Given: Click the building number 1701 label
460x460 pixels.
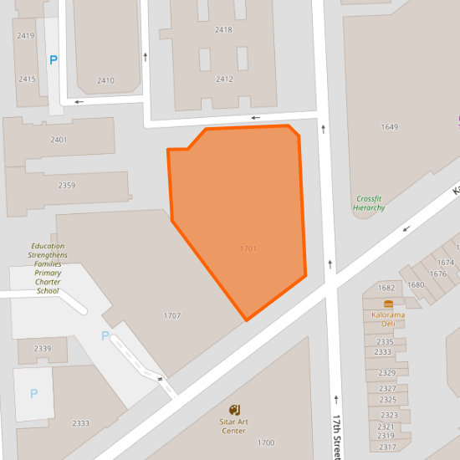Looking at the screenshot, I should click(x=248, y=248).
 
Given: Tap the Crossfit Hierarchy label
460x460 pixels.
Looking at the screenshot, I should click(x=369, y=202).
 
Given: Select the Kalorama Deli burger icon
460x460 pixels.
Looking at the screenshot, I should click(x=388, y=303).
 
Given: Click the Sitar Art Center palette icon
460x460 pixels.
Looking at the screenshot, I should click(x=234, y=410).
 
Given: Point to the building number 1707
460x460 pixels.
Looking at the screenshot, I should click(x=171, y=315).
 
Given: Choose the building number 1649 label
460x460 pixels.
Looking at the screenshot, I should click(x=390, y=127).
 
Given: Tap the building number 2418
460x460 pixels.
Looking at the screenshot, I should click(x=223, y=29).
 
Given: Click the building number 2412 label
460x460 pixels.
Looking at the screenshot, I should click(x=224, y=79).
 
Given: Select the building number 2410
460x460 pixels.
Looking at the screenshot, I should click(x=105, y=80).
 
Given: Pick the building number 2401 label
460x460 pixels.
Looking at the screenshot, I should click(x=59, y=140).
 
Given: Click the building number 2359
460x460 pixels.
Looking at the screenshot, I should click(x=67, y=185).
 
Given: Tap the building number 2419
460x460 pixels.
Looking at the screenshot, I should click(x=26, y=35).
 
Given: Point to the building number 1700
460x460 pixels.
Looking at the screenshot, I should click(x=266, y=442).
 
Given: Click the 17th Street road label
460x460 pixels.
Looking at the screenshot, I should click(x=336, y=435).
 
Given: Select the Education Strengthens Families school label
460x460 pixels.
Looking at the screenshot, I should click(x=48, y=268).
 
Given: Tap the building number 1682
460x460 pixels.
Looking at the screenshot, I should click(x=386, y=288).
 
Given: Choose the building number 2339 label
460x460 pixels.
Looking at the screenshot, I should click(x=43, y=348).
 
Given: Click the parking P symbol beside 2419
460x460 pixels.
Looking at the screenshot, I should click(x=54, y=60).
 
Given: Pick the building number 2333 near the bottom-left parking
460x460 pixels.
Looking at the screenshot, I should click(x=80, y=423).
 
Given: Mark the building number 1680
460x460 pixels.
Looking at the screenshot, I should click(x=416, y=284).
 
